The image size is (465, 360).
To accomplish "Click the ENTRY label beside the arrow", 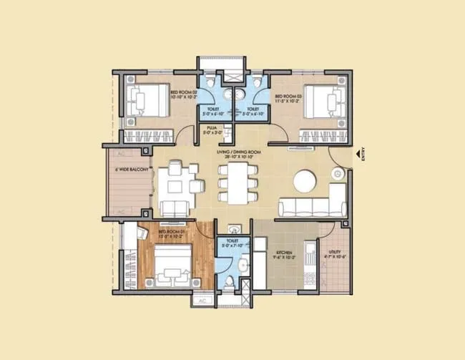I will click(x=363, y=155).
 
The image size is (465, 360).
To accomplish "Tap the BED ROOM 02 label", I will click(x=183, y=94).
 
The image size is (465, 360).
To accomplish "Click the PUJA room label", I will click(x=212, y=130).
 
